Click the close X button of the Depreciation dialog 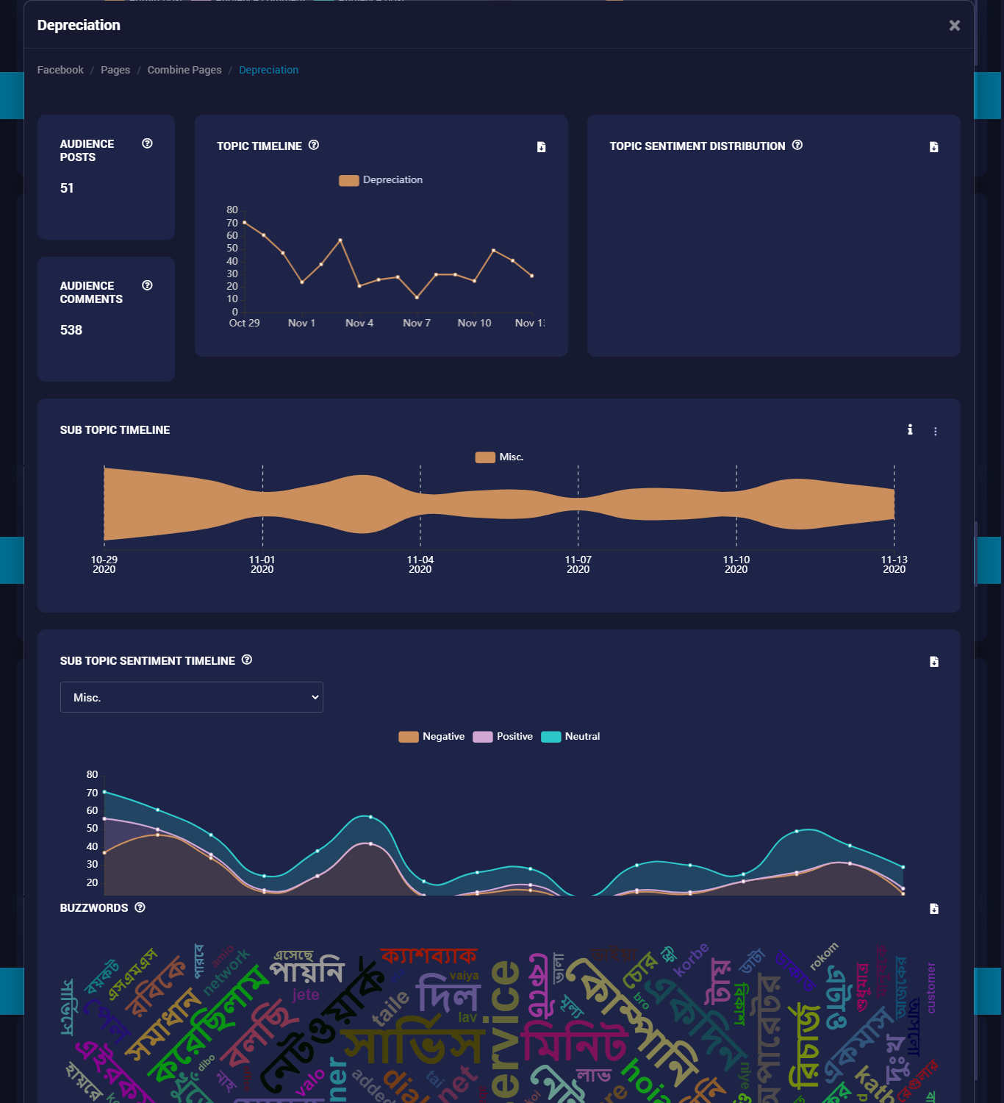click(x=954, y=26)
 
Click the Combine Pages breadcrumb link click(x=184, y=70)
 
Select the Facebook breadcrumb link click(x=60, y=70)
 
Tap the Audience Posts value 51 click(x=67, y=188)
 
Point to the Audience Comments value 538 click(x=71, y=330)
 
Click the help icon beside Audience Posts click(x=147, y=143)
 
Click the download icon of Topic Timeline click(x=541, y=147)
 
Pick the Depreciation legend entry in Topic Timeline click(x=381, y=180)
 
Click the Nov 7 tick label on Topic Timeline click(x=417, y=323)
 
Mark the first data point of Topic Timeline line click(x=245, y=222)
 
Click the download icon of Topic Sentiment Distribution click(x=933, y=147)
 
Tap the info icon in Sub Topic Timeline click(x=910, y=429)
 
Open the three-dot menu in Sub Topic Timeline click(x=935, y=432)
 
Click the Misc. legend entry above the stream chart click(x=500, y=457)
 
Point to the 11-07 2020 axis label click(x=578, y=564)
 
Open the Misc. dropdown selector click(x=191, y=697)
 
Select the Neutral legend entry click(x=571, y=737)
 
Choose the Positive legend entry click(x=503, y=737)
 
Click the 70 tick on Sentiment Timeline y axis click(x=92, y=793)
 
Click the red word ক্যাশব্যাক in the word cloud click(x=429, y=956)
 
